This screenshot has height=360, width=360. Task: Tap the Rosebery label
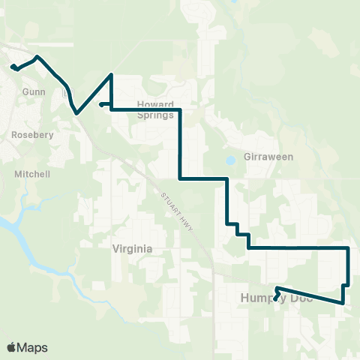tap(31, 135)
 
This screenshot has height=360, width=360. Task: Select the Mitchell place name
tap(32, 174)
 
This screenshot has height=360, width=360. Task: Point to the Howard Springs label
tap(155, 110)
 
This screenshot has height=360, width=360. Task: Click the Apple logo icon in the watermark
tap(12, 347)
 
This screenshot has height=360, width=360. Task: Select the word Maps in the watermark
tap(33, 347)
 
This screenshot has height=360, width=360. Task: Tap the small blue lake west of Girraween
tap(229, 160)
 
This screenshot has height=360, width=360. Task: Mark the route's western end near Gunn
tap(13, 67)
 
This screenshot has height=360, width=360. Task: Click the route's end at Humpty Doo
tap(275, 300)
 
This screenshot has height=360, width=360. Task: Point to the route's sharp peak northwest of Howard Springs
tap(112, 74)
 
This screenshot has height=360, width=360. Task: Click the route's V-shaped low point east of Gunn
tap(76, 114)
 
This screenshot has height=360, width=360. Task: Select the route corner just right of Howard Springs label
tap(180, 110)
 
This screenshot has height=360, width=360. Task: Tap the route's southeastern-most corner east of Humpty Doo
tap(343, 303)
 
